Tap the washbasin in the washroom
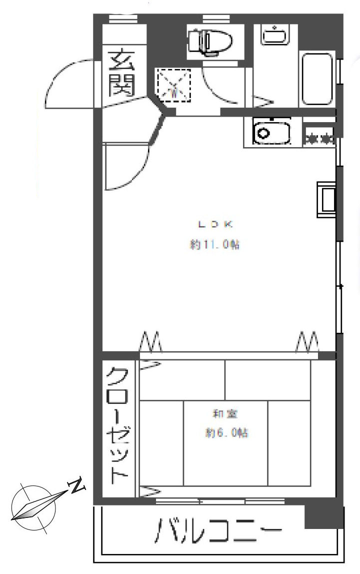point(273,36)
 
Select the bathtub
point(317,79)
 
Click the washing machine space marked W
point(174,85)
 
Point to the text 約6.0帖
point(226,432)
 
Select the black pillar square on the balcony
point(324,517)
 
